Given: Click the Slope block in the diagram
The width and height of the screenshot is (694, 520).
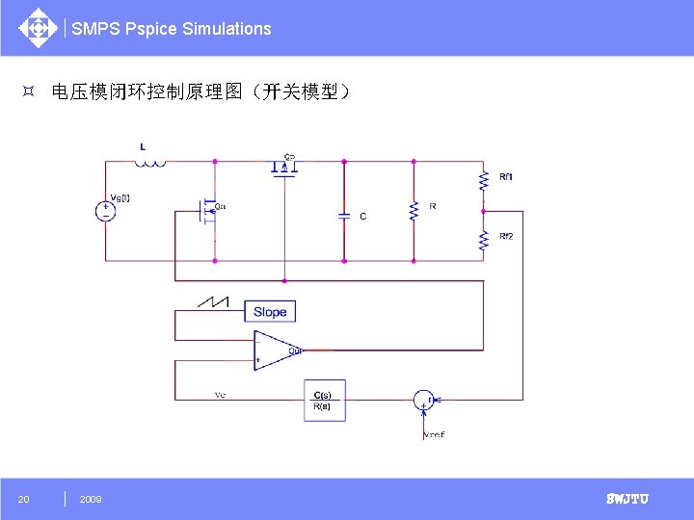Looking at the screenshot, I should (x=270, y=311).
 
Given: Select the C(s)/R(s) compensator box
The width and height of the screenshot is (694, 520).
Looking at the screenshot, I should (x=323, y=401).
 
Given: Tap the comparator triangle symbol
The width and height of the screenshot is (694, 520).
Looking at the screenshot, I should (x=276, y=351).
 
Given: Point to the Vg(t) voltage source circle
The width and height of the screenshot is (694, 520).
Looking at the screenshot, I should (x=106, y=211).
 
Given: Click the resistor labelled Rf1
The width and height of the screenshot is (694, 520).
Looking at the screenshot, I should (x=483, y=180).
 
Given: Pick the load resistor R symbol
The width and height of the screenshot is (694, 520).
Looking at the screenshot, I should (x=413, y=211).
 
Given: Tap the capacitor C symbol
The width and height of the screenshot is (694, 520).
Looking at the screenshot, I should (x=344, y=216).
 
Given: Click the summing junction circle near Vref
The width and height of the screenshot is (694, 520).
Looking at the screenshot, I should (x=424, y=400).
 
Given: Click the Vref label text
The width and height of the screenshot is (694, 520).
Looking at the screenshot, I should (x=434, y=434).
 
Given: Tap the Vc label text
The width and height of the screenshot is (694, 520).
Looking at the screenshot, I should (x=221, y=395).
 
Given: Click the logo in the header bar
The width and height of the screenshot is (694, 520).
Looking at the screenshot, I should (x=38, y=27).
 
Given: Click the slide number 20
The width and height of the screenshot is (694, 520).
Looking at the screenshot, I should (x=24, y=499).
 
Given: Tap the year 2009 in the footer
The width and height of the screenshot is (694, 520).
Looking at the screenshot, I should (x=91, y=499).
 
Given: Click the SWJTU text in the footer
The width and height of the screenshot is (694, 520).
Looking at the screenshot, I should (x=627, y=499).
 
